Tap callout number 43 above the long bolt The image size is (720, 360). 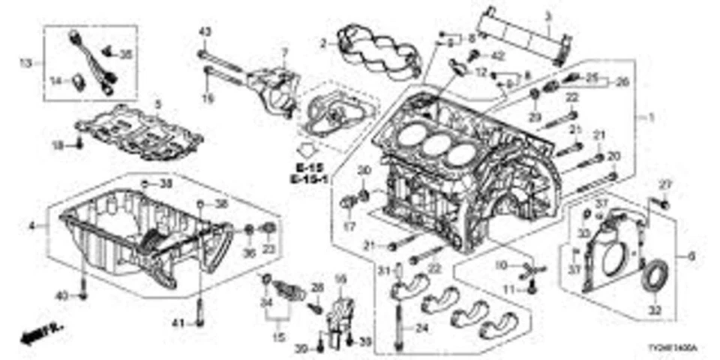coord(205,31)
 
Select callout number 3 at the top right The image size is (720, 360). coord(547,16)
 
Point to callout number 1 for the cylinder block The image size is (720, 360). coord(651,117)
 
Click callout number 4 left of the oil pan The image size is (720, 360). coord(31,225)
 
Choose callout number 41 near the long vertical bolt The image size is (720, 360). coord(178,323)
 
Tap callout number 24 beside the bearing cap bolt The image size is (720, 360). coord(422,326)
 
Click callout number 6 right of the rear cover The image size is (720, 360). coord(691,256)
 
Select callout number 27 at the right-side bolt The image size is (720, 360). coord(663,184)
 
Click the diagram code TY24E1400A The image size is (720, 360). coord(673,349)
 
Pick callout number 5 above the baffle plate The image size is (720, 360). coord(157,103)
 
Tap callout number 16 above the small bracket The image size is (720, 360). coord(339,278)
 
